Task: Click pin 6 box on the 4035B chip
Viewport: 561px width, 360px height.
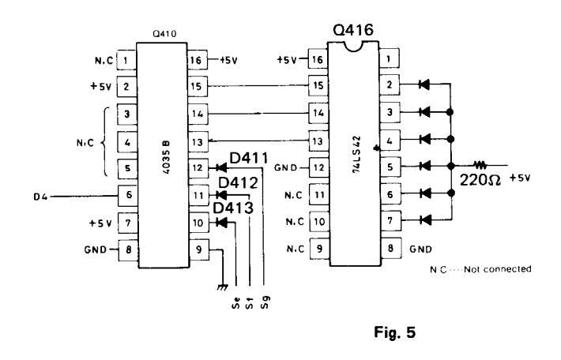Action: [x=126, y=193]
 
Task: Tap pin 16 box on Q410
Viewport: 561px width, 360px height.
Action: [x=197, y=59]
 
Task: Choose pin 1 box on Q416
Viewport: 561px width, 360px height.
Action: [x=389, y=59]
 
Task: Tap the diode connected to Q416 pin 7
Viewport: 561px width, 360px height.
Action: [x=427, y=220]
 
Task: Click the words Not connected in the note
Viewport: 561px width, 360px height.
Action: [x=506, y=269]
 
